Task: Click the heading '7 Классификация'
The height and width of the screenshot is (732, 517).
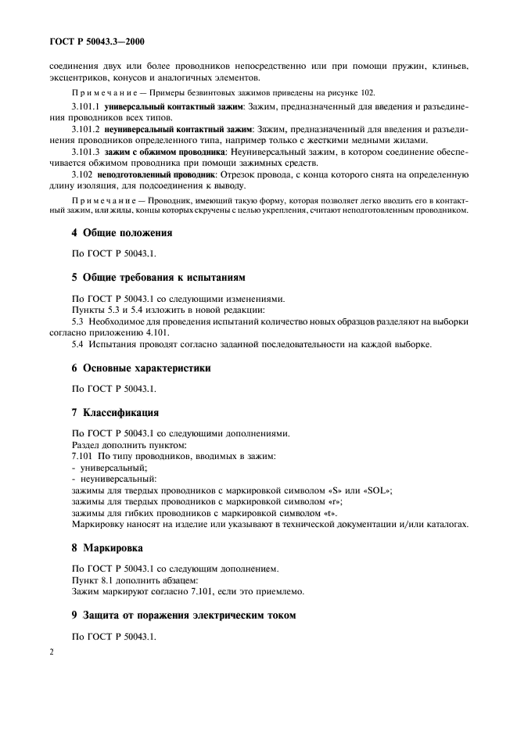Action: tap(115, 411)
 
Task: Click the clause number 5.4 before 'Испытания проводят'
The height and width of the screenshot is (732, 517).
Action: tap(77, 345)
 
